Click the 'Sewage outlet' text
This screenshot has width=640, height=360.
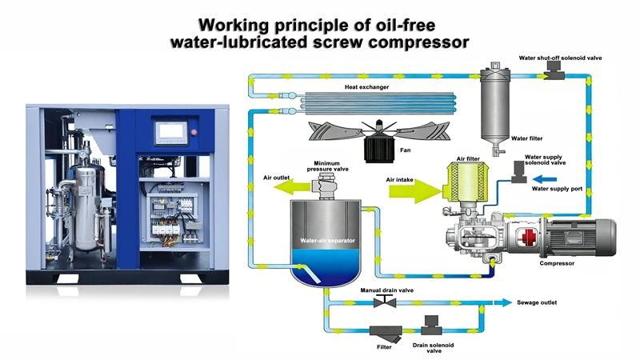536,303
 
